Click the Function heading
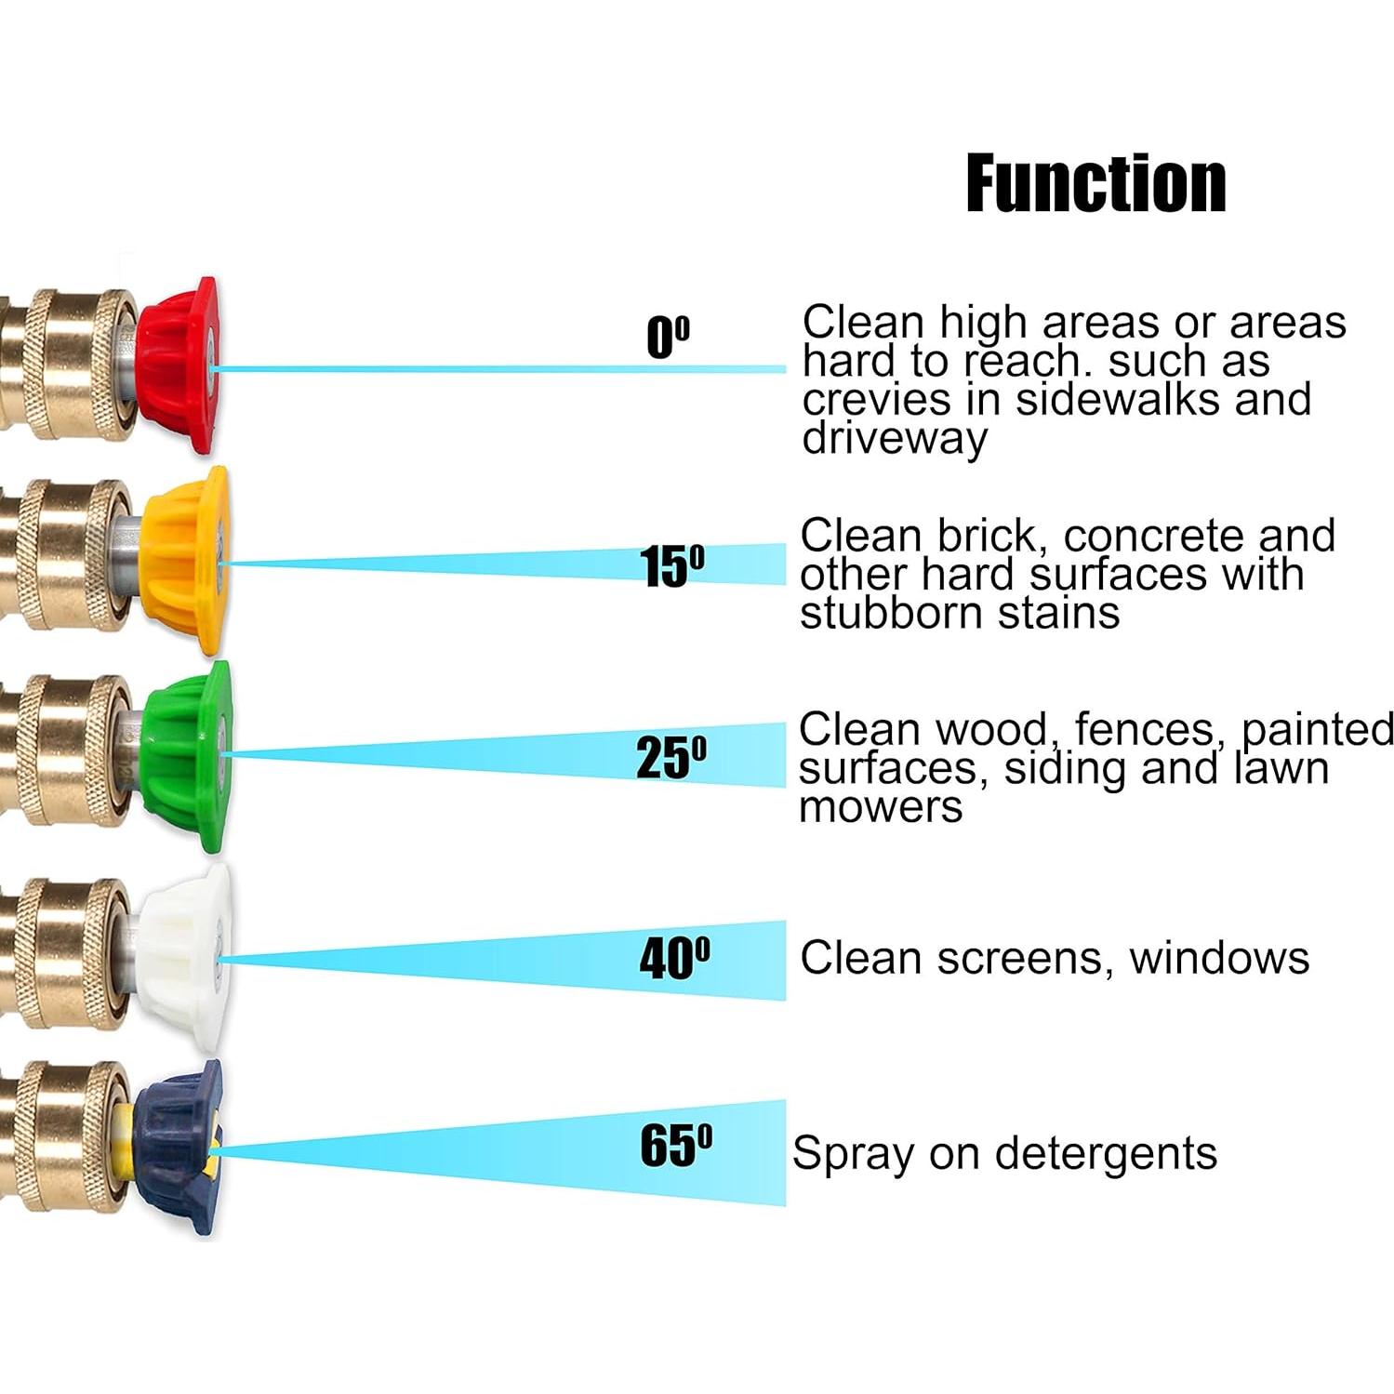(x=1095, y=184)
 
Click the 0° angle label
(x=668, y=337)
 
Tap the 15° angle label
(x=671, y=565)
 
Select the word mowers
(x=881, y=806)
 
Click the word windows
(x=1219, y=958)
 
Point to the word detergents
(x=1106, y=1153)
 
